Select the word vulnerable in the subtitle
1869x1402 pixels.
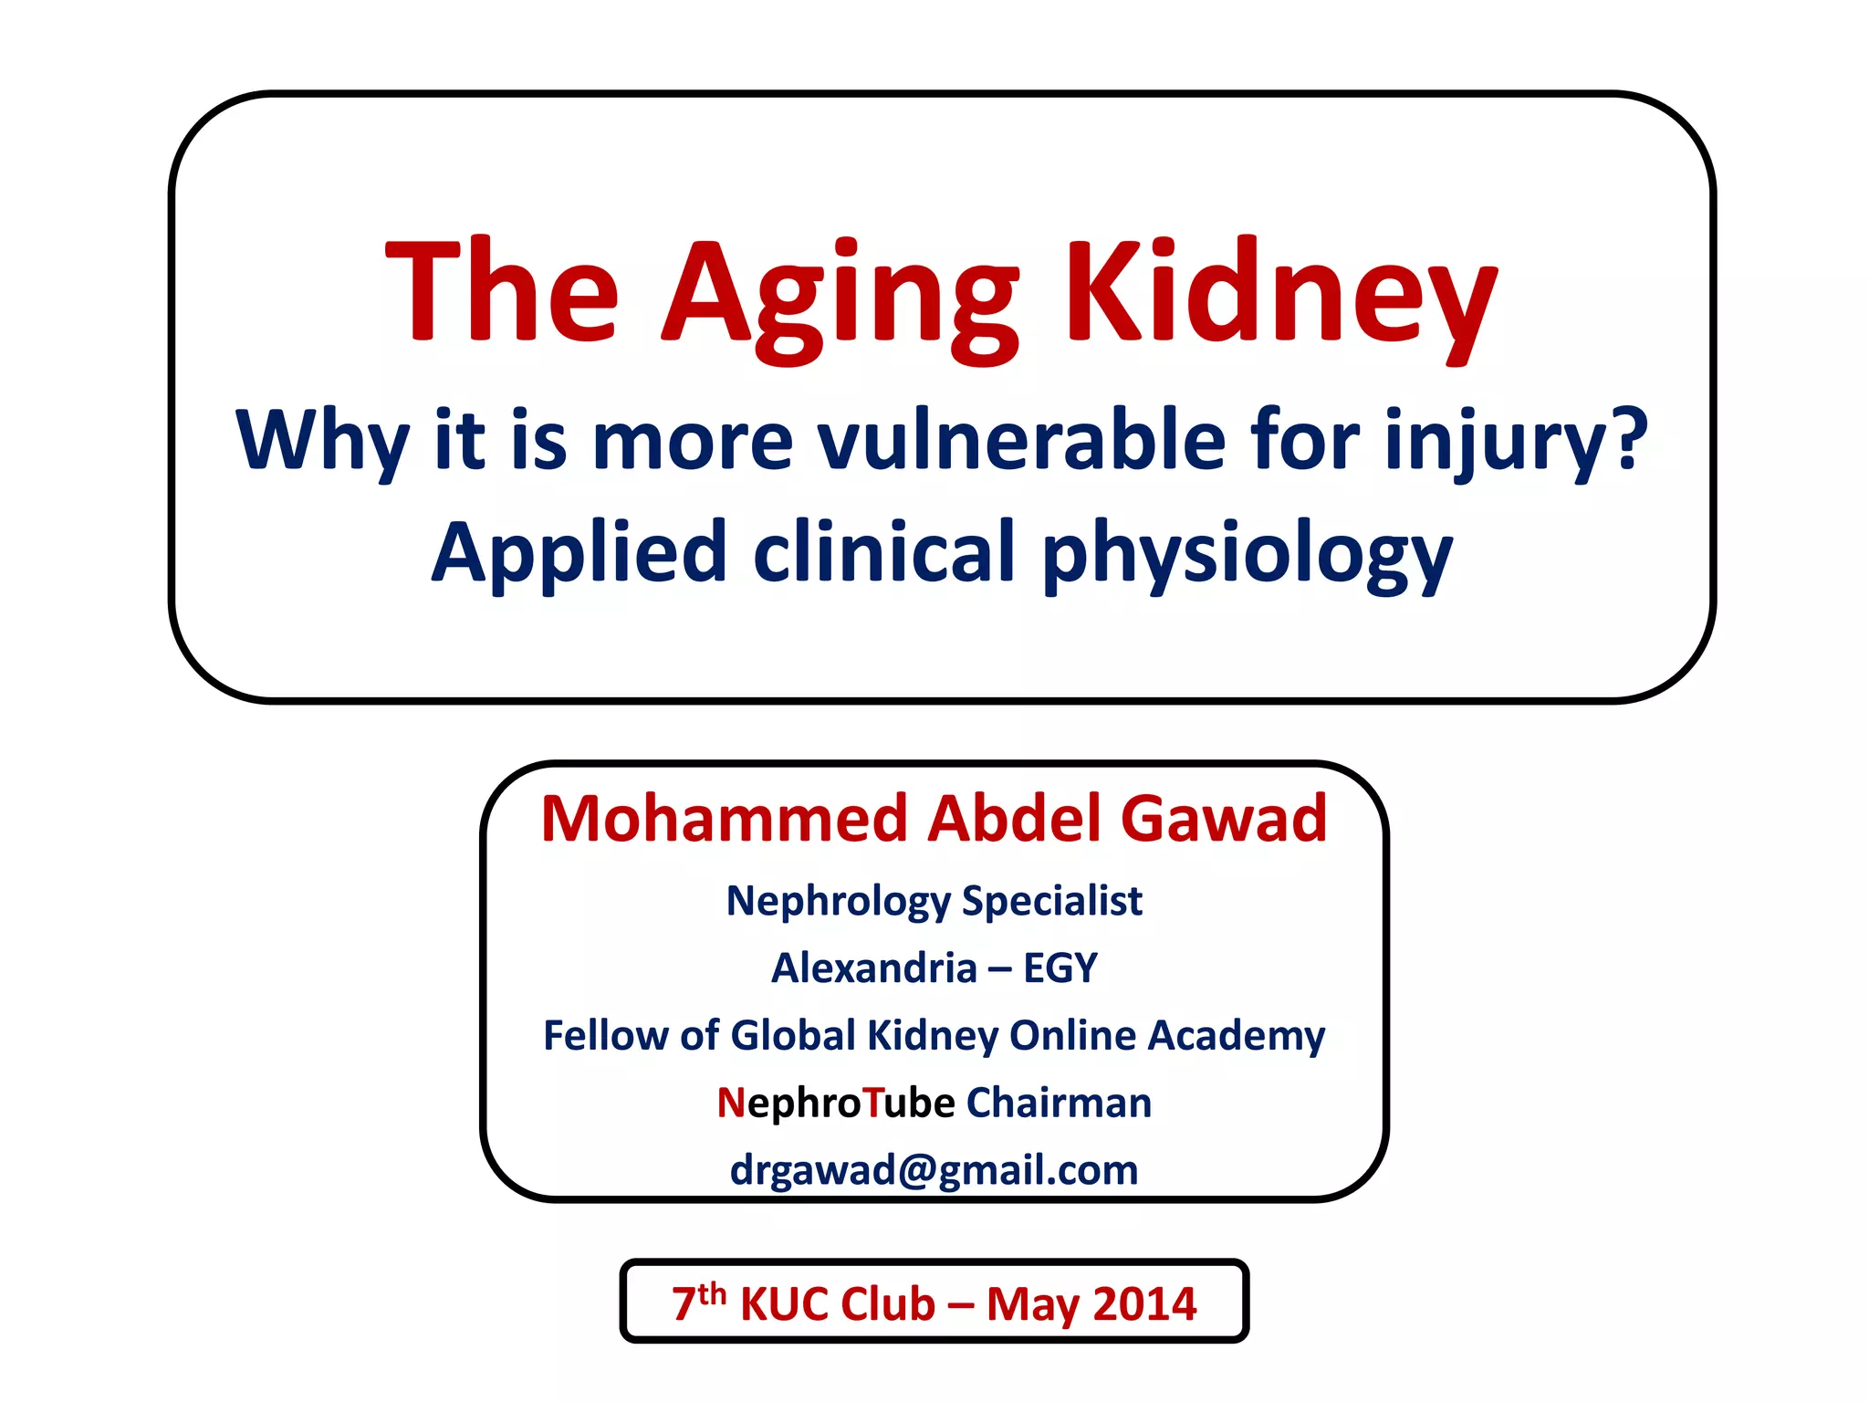pyautogui.click(x=1020, y=440)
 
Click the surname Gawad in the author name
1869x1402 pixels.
pyautogui.click(x=1223, y=818)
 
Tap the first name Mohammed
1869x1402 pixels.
pyautogui.click(x=725, y=818)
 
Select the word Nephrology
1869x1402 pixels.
pyautogui.click(x=838, y=902)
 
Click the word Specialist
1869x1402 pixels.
pyautogui.click(x=1051, y=902)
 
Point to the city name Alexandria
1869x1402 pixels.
pyautogui.click(x=874, y=968)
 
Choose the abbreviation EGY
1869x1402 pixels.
pyautogui.click(x=1060, y=968)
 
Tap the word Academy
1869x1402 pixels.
pyautogui.click(x=1236, y=1035)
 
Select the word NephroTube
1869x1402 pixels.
pyautogui.click(x=835, y=1103)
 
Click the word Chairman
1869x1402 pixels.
pyautogui.click(x=1059, y=1103)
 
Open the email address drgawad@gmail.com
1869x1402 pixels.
pyautogui.click(x=934, y=1170)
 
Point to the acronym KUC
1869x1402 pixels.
pyautogui.click(x=791, y=1303)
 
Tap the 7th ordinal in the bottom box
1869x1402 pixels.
pyautogui.click(x=698, y=1301)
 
